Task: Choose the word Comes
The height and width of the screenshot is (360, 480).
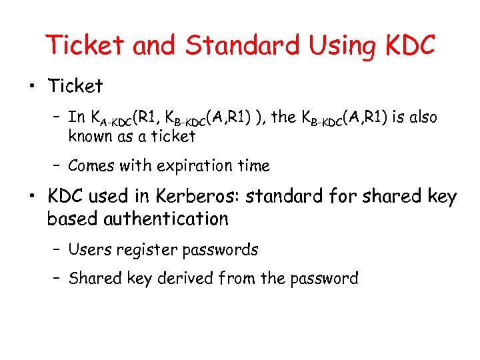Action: (x=93, y=165)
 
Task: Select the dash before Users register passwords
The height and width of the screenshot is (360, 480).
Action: (x=59, y=251)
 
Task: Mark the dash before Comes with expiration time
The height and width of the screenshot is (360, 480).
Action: (x=59, y=166)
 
